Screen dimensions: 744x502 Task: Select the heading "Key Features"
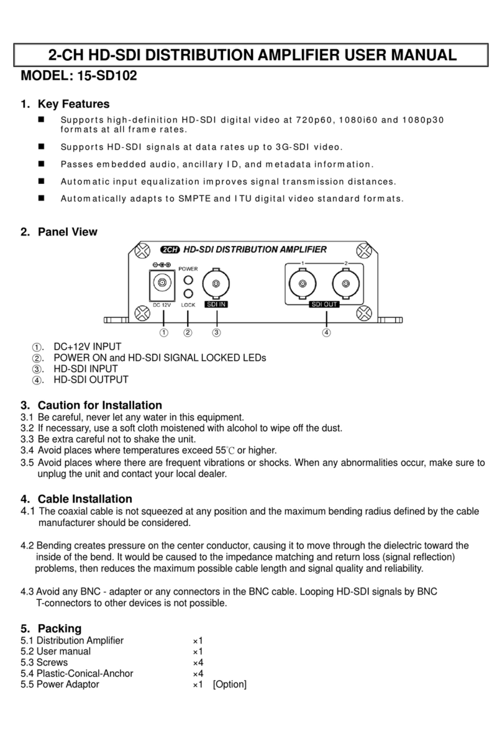73,104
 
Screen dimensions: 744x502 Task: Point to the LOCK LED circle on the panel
188,293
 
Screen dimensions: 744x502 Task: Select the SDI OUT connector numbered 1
303,284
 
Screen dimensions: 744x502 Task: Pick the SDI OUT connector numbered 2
346,284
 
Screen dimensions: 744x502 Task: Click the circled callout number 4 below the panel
326,332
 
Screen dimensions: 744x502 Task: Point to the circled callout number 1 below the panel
163,332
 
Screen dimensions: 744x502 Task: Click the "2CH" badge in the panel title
170,250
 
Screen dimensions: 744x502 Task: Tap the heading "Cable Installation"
84,499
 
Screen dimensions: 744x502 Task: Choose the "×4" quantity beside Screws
198,663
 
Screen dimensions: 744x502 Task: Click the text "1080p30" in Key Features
424,120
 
